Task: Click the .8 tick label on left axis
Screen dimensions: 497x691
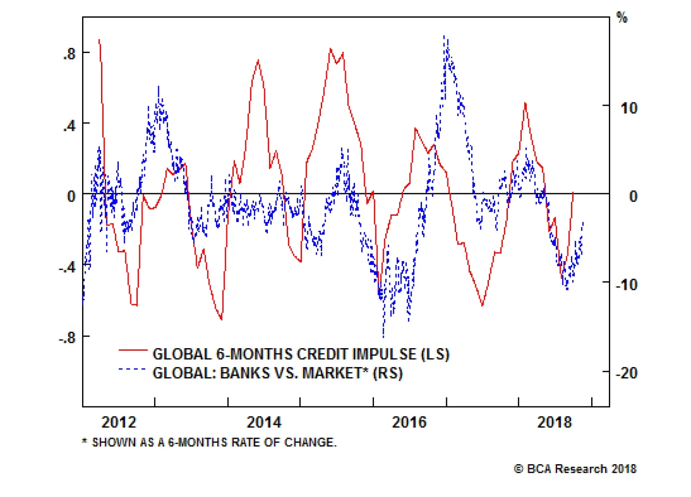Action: (x=69, y=54)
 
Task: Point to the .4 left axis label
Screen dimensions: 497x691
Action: (x=69, y=126)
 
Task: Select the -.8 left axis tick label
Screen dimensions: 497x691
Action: (x=67, y=337)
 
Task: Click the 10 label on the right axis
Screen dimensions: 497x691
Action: (x=629, y=108)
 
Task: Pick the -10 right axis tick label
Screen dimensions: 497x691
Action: (x=626, y=285)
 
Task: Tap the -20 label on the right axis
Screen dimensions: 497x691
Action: (x=626, y=373)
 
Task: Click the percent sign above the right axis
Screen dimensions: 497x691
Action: (x=622, y=18)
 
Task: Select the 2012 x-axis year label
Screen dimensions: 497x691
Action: (x=119, y=422)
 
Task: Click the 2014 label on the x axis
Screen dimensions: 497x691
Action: (x=264, y=422)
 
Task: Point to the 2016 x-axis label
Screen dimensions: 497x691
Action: (x=409, y=422)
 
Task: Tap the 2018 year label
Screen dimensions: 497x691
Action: (x=554, y=422)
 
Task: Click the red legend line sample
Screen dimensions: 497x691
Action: (x=133, y=350)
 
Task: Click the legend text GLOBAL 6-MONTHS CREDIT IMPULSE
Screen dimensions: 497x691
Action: (x=301, y=354)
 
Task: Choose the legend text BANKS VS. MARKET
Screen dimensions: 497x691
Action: (x=278, y=373)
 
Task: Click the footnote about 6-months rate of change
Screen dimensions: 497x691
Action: (x=209, y=442)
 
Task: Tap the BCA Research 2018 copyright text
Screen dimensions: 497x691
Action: (x=575, y=469)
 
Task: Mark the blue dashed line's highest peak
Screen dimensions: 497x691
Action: (x=444, y=36)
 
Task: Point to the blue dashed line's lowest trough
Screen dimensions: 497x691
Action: (x=383, y=337)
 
